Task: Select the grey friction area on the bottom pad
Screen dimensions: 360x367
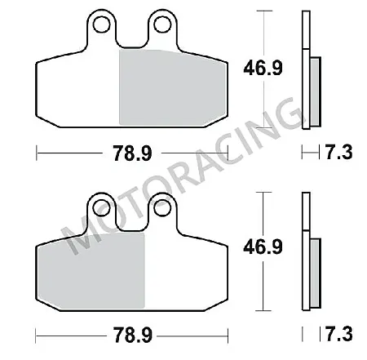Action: tap(90, 269)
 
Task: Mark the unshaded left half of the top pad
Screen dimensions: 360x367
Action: tap(77, 90)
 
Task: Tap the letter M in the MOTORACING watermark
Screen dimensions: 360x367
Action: tap(78, 237)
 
